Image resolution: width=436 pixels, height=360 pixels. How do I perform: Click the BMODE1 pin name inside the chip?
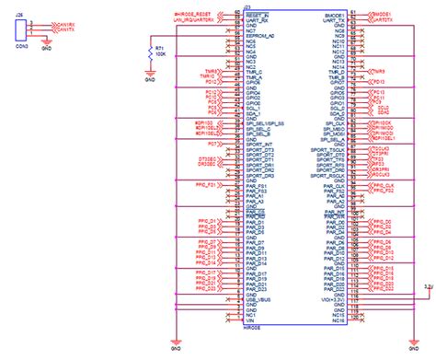pos(335,16)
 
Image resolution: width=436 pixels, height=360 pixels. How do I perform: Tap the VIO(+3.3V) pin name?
pos(332,300)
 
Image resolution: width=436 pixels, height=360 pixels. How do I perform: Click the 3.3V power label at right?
pos(429,286)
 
